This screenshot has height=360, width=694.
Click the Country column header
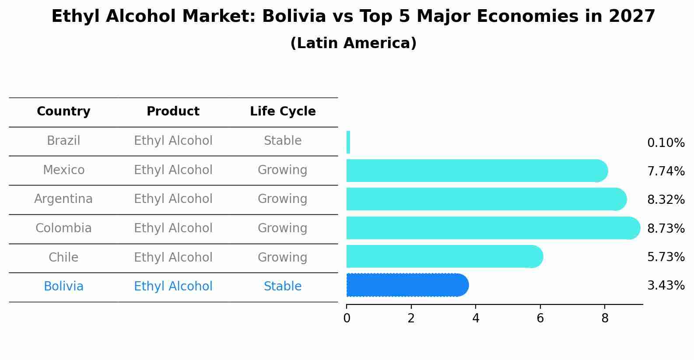click(x=63, y=112)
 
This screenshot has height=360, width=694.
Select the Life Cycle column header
click(x=283, y=112)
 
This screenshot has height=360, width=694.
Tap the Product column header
click(x=173, y=112)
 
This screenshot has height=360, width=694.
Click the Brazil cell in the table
click(x=63, y=141)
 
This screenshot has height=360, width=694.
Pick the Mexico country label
click(x=63, y=170)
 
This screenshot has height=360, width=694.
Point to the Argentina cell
click(x=63, y=199)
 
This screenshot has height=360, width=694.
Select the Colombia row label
click(x=63, y=228)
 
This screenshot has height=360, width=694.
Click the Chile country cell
click(x=63, y=257)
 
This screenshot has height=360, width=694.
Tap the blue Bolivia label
click(x=63, y=287)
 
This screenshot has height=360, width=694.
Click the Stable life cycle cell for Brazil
click(x=283, y=141)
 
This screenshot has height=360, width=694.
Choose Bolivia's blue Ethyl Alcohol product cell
click(x=173, y=287)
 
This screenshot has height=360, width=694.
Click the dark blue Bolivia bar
click(x=407, y=285)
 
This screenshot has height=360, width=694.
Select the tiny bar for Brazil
click(x=348, y=142)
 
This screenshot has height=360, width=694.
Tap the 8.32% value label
click(x=666, y=200)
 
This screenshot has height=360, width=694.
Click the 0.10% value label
click(x=666, y=143)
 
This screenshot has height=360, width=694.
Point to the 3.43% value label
click(x=666, y=286)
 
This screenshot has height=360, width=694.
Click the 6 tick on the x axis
click(x=540, y=318)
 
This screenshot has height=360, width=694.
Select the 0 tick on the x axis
click(x=347, y=318)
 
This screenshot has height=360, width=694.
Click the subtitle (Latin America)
click(x=353, y=43)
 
